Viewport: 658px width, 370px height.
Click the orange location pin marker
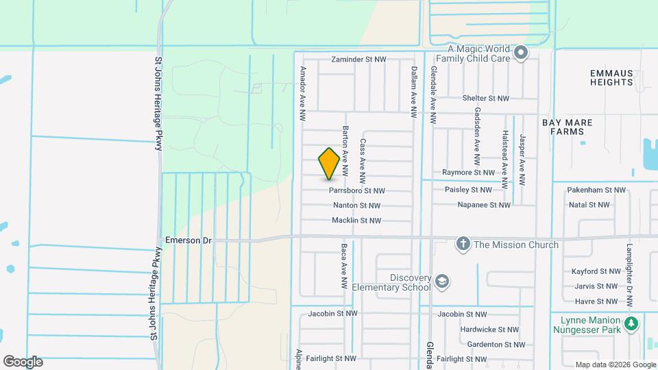(x=330, y=164)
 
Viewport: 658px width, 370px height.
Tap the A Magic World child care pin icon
(x=521, y=53)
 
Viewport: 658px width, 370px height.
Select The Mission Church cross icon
(x=463, y=244)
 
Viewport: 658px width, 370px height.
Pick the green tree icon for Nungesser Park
(x=631, y=322)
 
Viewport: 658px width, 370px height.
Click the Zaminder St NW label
(x=358, y=60)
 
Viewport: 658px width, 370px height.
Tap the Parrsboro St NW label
(x=356, y=190)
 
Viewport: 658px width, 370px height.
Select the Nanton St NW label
(x=356, y=206)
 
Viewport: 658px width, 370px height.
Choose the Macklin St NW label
(x=356, y=221)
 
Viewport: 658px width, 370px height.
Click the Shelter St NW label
(x=485, y=99)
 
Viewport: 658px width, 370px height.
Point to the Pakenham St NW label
(x=597, y=190)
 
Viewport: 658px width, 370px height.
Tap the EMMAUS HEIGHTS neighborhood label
(x=611, y=77)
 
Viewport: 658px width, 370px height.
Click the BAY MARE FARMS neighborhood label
(x=568, y=127)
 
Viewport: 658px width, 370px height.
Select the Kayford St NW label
(x=595, y=271)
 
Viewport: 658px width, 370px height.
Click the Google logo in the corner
(x=23, y=362)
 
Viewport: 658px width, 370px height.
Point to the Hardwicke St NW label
(x=489, y=330)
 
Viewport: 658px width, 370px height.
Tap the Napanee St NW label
(x=484, y=205)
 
